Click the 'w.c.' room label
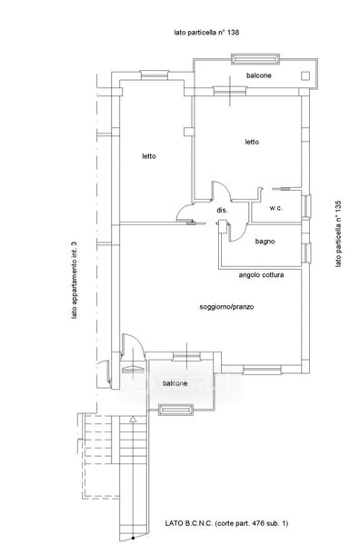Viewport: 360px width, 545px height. pos(275,208)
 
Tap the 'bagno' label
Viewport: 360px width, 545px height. pos(265,241)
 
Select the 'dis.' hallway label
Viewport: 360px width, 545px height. pos(222,210)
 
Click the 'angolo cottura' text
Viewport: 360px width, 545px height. pos(261,275)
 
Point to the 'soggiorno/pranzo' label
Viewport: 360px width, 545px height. pos(226,307)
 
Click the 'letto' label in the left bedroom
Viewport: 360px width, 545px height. pos(149,156)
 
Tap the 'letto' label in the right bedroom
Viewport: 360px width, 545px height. pos(252,142)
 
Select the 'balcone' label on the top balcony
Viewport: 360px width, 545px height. pos(259,75)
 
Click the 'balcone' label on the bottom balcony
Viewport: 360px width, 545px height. pos(175,383)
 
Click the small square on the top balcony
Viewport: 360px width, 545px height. pos(305,75)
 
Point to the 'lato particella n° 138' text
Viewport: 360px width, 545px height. pos(206,33)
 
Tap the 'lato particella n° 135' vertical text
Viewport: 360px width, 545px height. pos(338,234)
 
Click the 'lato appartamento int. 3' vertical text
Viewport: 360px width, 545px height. pos(74,281)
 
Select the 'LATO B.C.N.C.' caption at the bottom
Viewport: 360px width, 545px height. pos(188,523)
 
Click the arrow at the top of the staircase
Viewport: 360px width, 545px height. pos(133,419)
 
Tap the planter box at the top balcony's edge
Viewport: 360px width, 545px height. pos(255,59)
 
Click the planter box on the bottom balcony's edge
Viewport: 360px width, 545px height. pos(175,410)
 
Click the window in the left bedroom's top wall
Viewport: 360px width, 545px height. pos(155,75)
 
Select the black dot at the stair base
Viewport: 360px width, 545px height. pos(133,539)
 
